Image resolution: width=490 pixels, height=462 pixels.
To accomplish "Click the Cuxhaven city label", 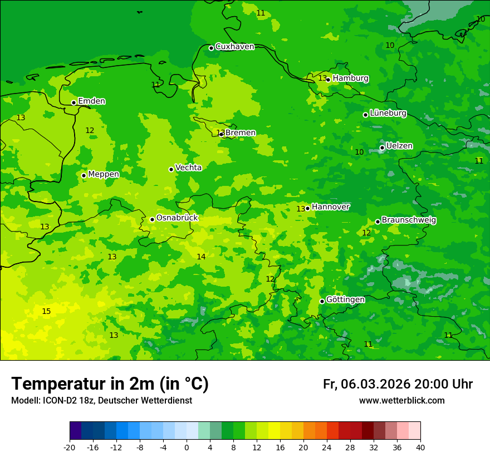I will (234, 47).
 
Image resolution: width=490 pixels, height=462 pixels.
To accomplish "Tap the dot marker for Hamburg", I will (329, 80).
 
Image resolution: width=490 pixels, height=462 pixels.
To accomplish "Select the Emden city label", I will (91, 101).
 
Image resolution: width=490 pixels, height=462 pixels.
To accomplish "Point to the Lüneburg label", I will (388, 113).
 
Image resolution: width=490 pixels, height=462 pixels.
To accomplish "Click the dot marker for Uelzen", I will (382, 148).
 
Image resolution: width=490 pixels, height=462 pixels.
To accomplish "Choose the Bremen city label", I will (241, 133).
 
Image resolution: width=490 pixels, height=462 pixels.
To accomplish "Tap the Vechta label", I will (188, 168).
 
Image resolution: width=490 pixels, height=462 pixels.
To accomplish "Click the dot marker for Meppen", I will (84, 175).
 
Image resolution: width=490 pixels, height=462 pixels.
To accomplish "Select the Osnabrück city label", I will (177, 218).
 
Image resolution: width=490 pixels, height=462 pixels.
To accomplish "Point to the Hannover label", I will (330, 207).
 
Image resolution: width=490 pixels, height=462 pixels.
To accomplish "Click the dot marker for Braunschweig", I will (378, 222).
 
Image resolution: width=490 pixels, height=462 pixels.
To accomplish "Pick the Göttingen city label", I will (345, 299).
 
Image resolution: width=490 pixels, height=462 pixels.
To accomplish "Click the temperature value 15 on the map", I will (46, 311).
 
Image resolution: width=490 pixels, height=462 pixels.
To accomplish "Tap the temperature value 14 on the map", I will (201, 257).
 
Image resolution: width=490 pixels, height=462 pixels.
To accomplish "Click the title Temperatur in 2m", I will (110, 384).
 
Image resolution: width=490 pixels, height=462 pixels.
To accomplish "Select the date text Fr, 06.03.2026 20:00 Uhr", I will (398, 384).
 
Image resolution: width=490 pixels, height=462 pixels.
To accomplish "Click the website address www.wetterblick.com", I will (401, 401).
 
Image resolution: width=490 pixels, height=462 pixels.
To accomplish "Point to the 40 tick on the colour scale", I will (420, 448).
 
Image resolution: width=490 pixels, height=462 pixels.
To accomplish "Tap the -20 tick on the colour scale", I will (70, 448).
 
